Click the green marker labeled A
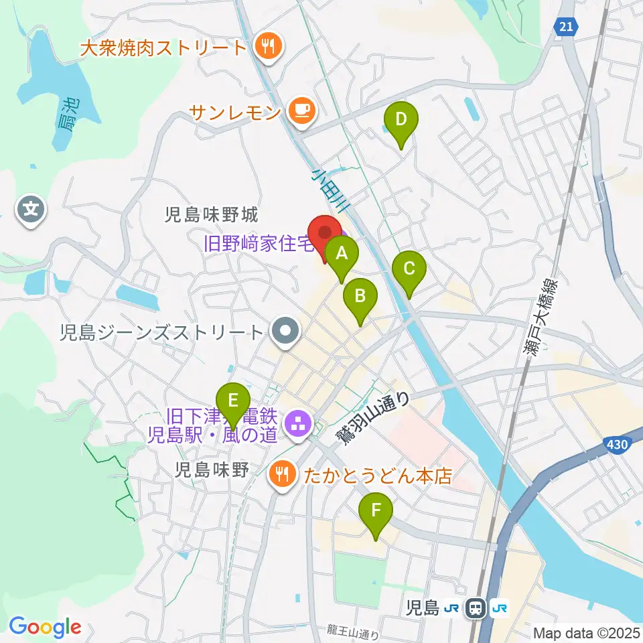pyautogui.click(x=342, y=255)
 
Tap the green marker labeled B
pyautogui.click(x=360, y=296)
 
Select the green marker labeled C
pyautogui.click(x=409, y=269)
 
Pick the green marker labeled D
pyautogui.click(x=401, y=121)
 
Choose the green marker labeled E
pyautogui.click(x=232, y=401)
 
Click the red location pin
pyautogui.click(x=326, y=233)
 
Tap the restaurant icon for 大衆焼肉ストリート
pyautogui.click(x=269, y=47)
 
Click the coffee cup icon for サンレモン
pyautogui.click(x=301, y=110)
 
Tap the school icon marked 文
pyautogui.click(x=31, y=210)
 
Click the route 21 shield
pyautogui.click(x=566, y=26)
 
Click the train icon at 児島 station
pyautogui.click(x=476, y=608)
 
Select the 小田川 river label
pyautogui.click(x=328, y=191)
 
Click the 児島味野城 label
pyautogui.click(x=212, y=214)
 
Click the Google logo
pyautogui.click(x=45, y=627)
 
